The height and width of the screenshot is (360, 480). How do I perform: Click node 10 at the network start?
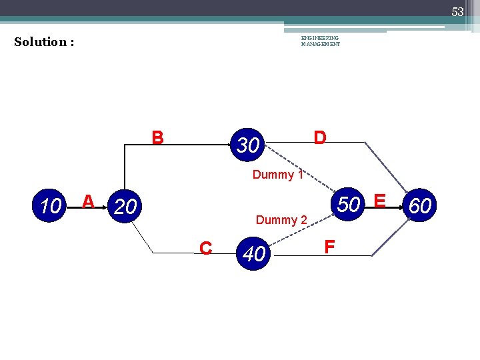click(49, 207)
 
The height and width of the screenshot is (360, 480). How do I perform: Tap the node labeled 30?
click(247, 144)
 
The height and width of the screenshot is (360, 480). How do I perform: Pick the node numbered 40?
click(254, 253)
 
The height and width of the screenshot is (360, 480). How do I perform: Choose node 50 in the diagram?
click(348, 204)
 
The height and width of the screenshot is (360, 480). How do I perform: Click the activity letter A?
click(87, 201)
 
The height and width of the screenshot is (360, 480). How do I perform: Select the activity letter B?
click(157, 138)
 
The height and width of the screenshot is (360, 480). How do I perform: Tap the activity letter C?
click(206, 249)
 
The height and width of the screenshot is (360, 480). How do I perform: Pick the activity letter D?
click(320, 138)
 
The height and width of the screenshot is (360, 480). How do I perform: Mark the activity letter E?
click(380, 201)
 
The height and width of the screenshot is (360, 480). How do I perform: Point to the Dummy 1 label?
click(278, 175)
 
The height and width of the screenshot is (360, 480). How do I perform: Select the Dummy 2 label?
click(281, 220)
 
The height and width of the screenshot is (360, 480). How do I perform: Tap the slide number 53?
click(457, 12)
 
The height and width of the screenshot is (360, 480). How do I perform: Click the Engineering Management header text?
click(320, 41)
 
